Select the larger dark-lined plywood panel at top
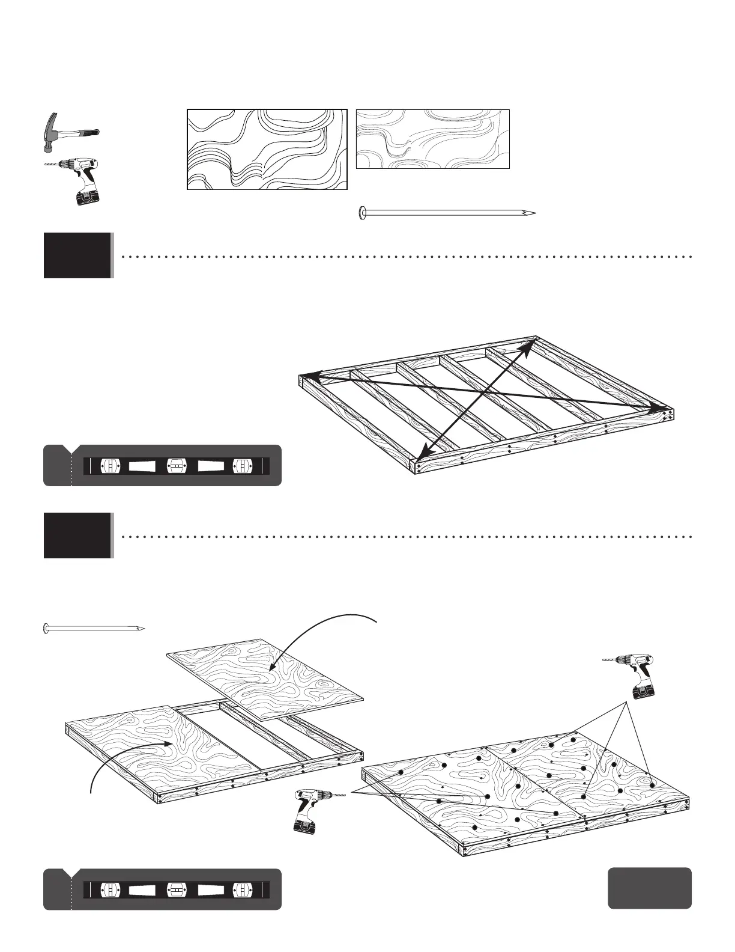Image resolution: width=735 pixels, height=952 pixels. point(267,150)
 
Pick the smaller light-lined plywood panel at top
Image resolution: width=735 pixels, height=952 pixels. point(432,139)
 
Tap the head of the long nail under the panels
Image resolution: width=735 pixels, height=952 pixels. point(361,212)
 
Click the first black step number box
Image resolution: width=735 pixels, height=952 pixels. point(77,255)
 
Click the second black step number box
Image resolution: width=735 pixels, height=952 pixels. point(77,535)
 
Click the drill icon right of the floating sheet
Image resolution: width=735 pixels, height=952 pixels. point(631,675)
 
